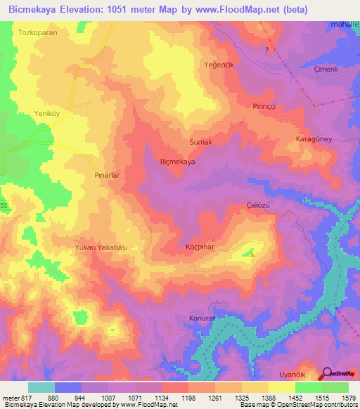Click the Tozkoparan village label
tap(37, 33)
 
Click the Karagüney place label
tap(314, 140)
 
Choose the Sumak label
tap(200, 142)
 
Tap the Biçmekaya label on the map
tap(177, 162)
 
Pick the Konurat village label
tap(201, 318)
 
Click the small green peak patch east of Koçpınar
tap(250, 252)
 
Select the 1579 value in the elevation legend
tap(348, 398)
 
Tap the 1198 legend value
tap(188, 398)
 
